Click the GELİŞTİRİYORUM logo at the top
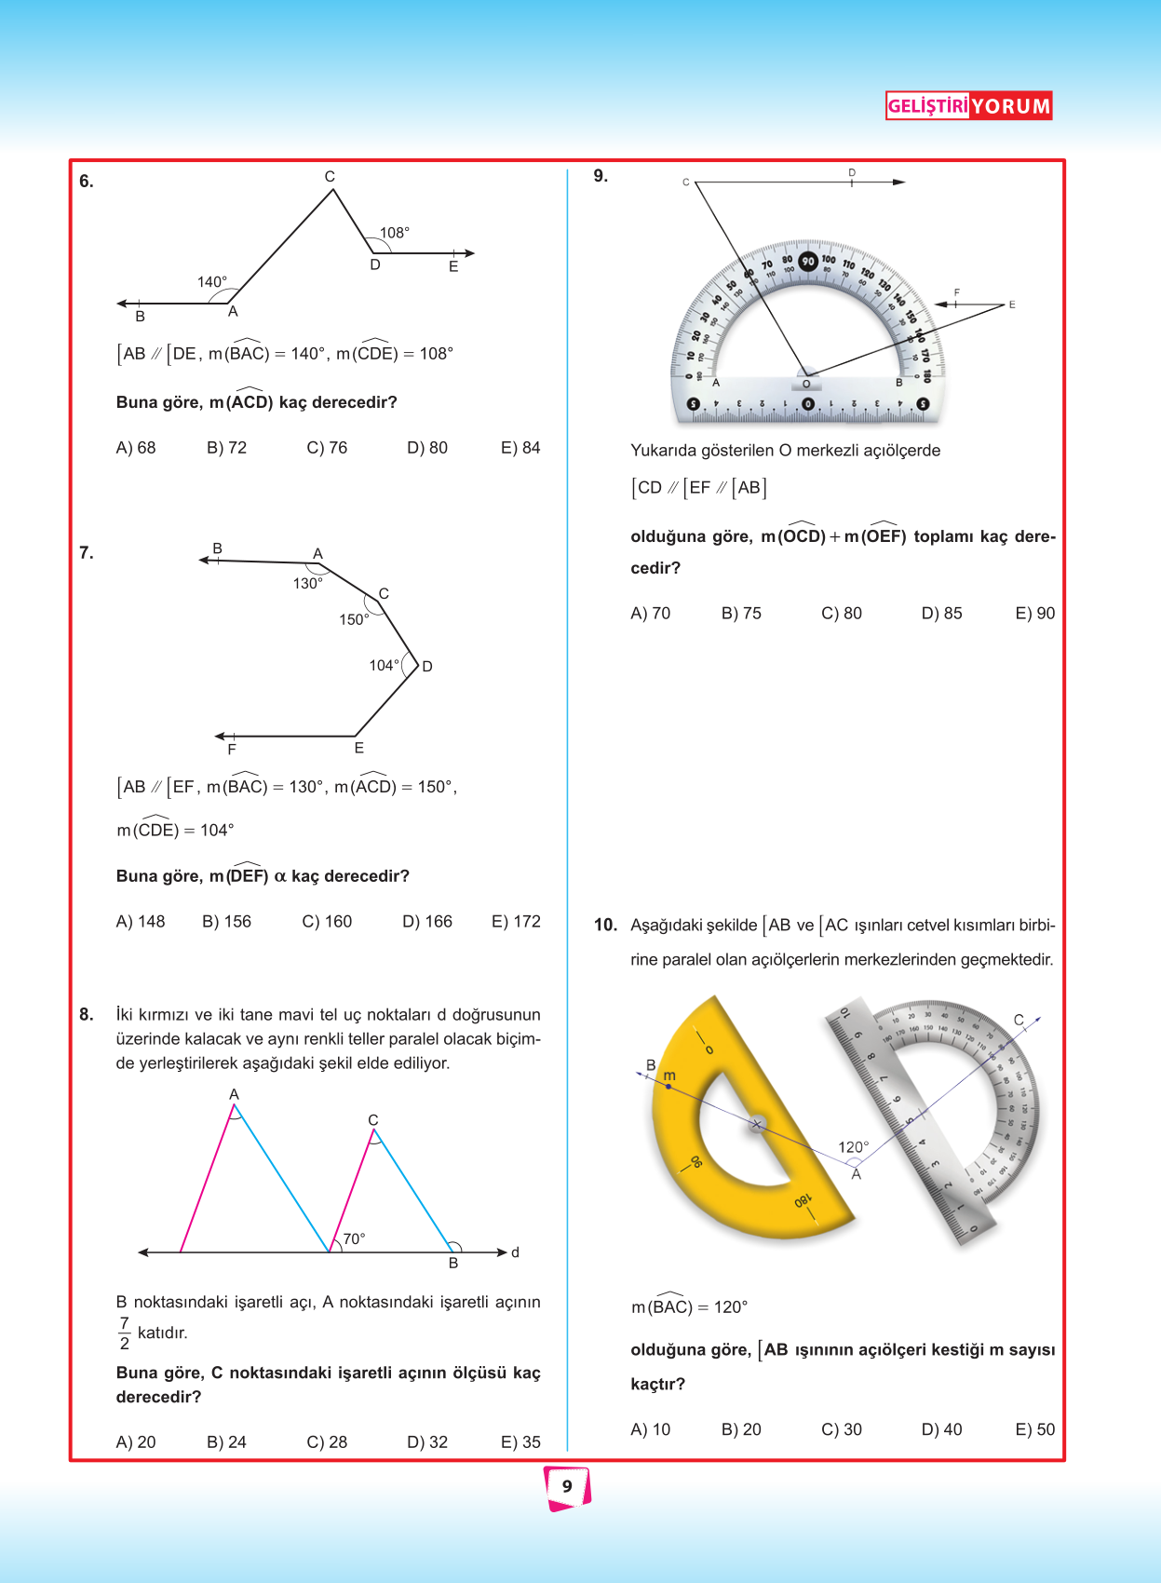click(968, 106)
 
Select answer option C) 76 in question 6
click(327, 448)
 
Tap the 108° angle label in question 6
click(395, 233)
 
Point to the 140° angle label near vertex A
click(212, 282)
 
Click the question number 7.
click(87, 553)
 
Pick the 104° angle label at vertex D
click(384, 666)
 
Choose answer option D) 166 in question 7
click(427, 922)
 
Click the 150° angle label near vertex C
click(354, 620)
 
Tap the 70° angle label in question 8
click(354, 1239)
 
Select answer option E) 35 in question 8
click(520, 1442)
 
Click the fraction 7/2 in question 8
click(125, 1333)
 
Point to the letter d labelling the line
click(515, 1252)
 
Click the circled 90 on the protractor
click(808, 262)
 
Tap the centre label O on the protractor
click(806, 384)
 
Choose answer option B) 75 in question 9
click(741, 614)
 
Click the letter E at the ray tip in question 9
click(1012, 304)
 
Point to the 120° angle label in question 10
click(854, 1147)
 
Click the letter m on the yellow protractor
click(669, 1076)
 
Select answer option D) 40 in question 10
click(941, 1430)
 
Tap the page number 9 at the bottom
click(567, 1487)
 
